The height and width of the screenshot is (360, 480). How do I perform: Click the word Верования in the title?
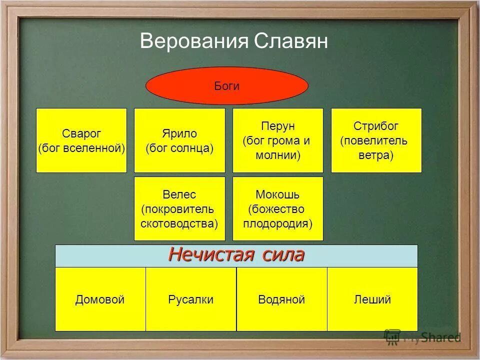(193, 41)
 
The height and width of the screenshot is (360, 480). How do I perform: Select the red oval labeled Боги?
(226, 85)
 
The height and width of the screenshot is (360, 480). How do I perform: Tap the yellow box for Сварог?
(81, 140)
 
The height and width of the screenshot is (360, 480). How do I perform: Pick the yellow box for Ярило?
(179, 140)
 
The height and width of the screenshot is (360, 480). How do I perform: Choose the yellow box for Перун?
(278, 140)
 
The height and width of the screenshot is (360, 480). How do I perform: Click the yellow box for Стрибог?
(376, 140)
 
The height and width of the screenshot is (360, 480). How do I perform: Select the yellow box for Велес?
(179, 208)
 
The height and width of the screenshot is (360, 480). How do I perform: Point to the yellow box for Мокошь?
(278, 208)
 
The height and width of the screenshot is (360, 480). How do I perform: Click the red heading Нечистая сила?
(236, 255)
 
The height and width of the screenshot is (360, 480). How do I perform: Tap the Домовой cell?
(100, 299)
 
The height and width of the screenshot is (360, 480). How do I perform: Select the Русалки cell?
(191, 299)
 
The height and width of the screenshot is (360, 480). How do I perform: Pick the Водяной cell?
(281, 299)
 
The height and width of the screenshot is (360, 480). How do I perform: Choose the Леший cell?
(372, 299)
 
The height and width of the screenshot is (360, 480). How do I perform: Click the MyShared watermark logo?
(422, 337)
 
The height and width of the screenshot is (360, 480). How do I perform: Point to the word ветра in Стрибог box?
(375, 155)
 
